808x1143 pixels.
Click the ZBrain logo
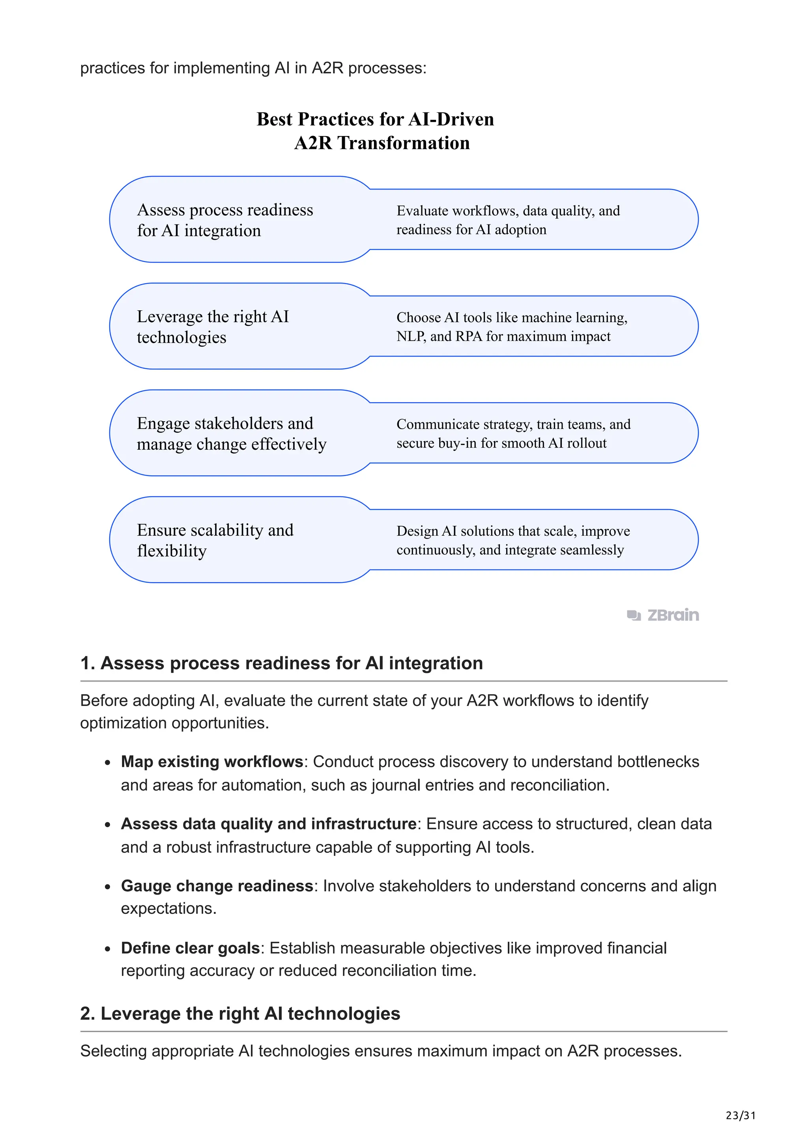663,615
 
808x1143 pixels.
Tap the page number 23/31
740,1116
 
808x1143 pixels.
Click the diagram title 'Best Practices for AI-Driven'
375,120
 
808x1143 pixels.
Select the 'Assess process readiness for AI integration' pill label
224,220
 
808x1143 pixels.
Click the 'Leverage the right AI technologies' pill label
213,327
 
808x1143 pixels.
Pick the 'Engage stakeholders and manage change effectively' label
232,433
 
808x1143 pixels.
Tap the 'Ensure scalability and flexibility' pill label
215,540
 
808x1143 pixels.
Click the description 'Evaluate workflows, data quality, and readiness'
508,220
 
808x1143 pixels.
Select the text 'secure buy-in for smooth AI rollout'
501,443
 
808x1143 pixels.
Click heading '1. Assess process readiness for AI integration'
281,663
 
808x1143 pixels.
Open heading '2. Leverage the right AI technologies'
240,1014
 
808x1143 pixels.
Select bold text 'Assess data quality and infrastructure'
268,824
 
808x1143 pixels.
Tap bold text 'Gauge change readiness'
217,886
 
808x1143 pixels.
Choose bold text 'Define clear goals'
190,948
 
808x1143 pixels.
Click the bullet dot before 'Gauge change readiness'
108,887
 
